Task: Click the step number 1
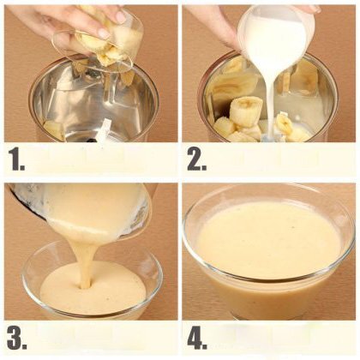click(16, 159)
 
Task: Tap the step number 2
click(196, 160)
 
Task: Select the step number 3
click(17, 338)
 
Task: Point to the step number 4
click(197, 338)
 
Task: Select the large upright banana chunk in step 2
click(247, 111)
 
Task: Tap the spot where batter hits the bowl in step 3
click(85, 285)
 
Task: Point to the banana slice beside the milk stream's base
click(284, 123)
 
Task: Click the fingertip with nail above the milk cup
click(315, 9)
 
